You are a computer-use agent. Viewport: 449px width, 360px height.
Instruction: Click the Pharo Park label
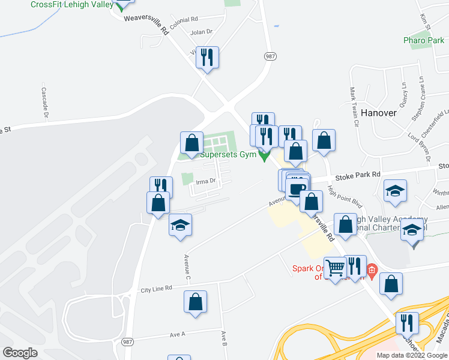coord(424,41)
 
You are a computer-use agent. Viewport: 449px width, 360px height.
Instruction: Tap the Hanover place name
coord(379,113)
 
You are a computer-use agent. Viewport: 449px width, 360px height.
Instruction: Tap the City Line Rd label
coord(156,289)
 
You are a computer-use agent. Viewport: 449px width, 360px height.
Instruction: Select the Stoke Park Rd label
coord(358,175)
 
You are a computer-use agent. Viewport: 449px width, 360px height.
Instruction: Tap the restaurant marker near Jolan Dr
coord(207,58)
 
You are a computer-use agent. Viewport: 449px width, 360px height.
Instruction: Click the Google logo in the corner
coord(20,353)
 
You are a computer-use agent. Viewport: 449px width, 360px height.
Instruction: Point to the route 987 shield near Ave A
coord(127,341)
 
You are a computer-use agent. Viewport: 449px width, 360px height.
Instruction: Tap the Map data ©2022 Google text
coord(411,355)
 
